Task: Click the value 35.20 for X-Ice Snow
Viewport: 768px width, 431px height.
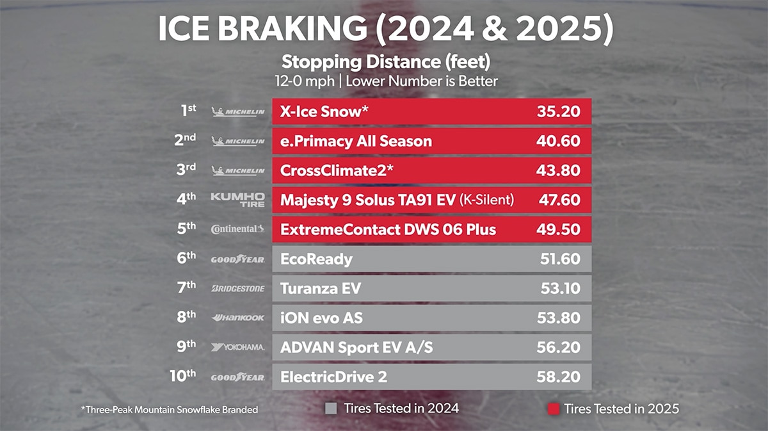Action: click(558, 112)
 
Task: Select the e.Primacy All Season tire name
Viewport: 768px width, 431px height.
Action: click(356, 142)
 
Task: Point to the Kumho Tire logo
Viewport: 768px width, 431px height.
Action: click(237, 200)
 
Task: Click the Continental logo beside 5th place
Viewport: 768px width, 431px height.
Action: click(237, 229)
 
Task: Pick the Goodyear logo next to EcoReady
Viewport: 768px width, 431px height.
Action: click(237, 259)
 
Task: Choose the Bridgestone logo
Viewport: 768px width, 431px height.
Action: click(237, 289)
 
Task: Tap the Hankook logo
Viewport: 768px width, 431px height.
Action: click(237, 318)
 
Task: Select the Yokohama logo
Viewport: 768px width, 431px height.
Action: click(237, 347)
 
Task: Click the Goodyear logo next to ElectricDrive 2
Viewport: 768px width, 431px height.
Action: click(237, 377)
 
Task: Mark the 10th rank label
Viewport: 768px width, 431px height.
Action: click(182, 376)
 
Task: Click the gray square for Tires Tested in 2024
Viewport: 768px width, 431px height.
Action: click(331, 408)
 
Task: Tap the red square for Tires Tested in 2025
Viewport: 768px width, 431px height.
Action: click(554, 408)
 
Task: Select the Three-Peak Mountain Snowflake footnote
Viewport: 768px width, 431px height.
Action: click(170, 409)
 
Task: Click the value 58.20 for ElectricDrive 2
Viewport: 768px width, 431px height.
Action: click(558, 377)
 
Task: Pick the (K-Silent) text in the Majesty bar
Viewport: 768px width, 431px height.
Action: click(486, 200)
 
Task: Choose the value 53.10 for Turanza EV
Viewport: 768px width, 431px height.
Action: click(560, 289)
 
